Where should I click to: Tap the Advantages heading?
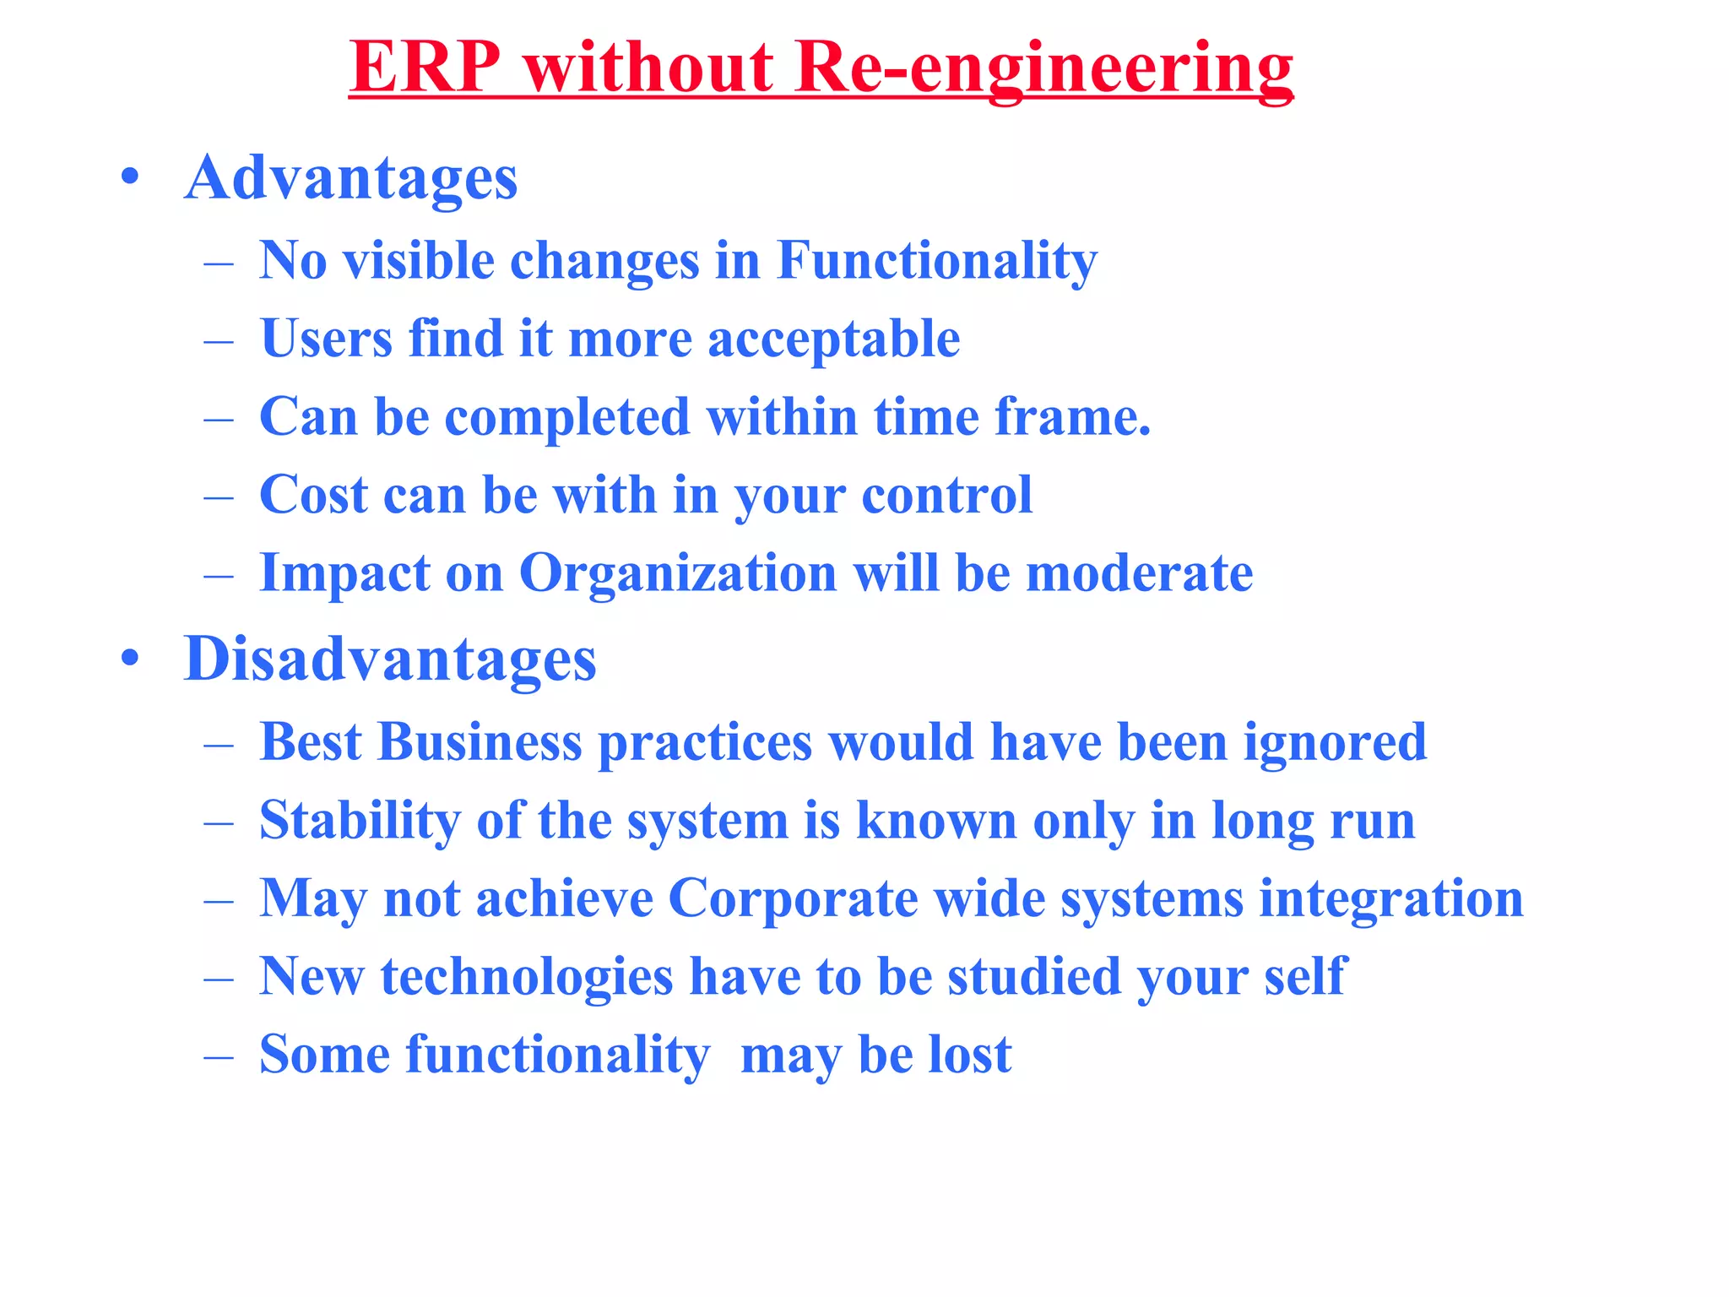[x=350, y=179]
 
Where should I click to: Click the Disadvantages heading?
[x=390, y=659]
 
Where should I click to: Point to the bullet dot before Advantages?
[x=129, y=178]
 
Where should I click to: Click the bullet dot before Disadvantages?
[x=129, y=659]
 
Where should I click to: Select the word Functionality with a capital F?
[x=936, y=261]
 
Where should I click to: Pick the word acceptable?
[x=833, y=339]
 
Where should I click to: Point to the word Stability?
[x=360, y=821]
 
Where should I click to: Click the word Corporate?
[x=793, y=898]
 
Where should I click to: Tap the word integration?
[x=1391, y=898]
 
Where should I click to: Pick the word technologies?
[x=527, y=977]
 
